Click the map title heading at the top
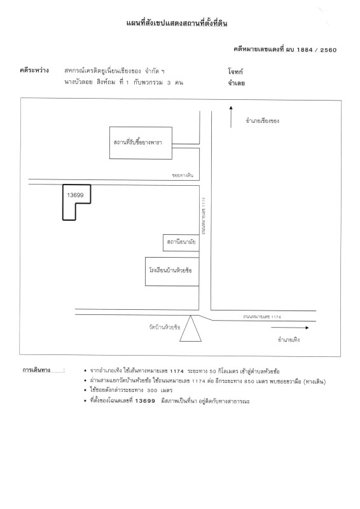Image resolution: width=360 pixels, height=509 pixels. point(177,23)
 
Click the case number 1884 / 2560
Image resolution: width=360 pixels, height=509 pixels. point(317,50)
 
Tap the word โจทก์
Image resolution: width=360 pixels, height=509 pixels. point(235,71)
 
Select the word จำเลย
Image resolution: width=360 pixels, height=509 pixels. point(236,83)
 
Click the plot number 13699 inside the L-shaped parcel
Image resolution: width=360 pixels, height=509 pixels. point(75,195)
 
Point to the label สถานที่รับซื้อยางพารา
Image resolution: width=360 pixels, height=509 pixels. point(137,142)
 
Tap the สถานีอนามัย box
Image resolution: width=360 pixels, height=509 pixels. point(181,242)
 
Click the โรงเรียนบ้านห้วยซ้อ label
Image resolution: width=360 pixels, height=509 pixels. point(170,270)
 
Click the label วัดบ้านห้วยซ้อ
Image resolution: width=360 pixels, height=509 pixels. point(165,327)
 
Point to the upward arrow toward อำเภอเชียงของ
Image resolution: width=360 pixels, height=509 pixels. point(231,117)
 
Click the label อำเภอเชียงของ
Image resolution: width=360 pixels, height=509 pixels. point(262,121)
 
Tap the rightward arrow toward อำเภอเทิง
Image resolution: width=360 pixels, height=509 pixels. point(290,328)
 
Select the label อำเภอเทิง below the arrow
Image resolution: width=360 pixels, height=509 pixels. point(289,340)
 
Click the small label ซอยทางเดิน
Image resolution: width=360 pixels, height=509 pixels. point(183,176)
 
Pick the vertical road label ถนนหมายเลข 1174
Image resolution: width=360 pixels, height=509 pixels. point(204,216)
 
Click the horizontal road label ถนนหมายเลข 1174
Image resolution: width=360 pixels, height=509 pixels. point(262,316)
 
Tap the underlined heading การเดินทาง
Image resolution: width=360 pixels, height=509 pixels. point(36,370)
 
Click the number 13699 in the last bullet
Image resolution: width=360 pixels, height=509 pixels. point(145,401)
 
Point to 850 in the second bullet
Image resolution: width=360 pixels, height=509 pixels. point(249,381)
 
